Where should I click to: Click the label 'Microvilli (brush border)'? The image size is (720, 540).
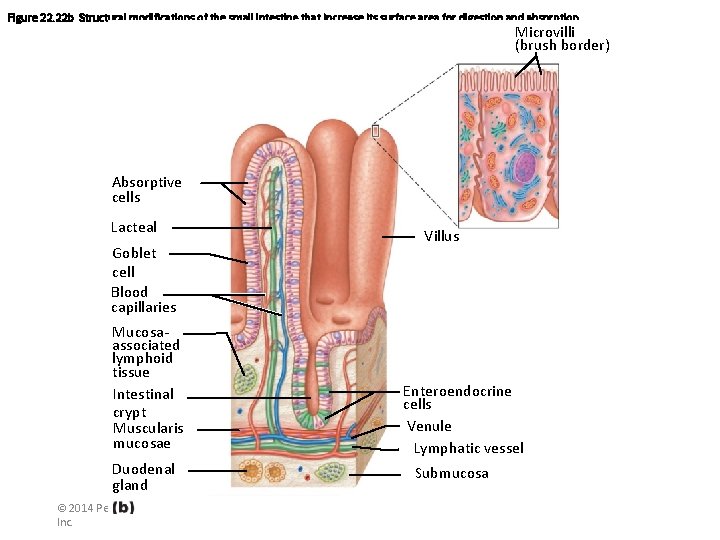tap(561, 38)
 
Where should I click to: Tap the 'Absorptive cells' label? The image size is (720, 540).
tap(147, 189)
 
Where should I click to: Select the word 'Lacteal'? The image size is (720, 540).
tap(134, 227)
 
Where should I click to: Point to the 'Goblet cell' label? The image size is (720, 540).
tap(134, 262)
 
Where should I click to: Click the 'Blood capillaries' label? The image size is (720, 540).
tap(143, 299)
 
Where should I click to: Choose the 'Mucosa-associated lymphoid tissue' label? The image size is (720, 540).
tap(146, 351)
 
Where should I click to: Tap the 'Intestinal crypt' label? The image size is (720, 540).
tap(143, 402)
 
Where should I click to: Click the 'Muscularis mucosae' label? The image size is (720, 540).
tap(148, 435)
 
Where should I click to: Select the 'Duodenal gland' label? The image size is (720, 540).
tap(143, 476)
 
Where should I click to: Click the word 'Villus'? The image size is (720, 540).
tap(441, 237)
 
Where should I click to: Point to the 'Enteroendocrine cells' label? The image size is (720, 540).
tap(456, 397)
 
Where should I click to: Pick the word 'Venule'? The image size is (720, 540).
tap(429, 426)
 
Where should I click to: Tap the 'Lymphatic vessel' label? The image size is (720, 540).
tap(468, 448)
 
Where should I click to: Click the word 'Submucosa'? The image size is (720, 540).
tap(452, 473)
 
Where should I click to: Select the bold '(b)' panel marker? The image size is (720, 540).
tap(123, 507)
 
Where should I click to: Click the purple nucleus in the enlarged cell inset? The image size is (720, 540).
tap(525, 166)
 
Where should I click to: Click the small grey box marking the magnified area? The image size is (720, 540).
tap(375, 131)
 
